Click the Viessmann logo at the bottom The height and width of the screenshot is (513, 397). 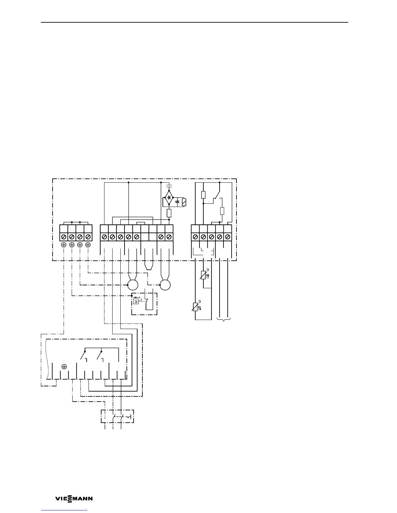pos(74,499)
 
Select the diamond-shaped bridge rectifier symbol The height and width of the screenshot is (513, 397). pos(169,197)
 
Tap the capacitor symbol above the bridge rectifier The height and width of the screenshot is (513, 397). pos(169,187)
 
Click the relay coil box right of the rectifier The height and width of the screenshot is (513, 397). pos(184,202)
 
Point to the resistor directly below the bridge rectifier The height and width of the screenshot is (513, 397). pos(169,213)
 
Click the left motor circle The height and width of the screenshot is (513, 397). pos(133,285)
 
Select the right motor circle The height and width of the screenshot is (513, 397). pos(165,285)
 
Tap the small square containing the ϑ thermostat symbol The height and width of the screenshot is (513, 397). pos(136,302)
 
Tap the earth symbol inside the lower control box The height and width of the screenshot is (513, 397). pos(64,366)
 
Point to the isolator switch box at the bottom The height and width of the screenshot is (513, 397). pos(117,416)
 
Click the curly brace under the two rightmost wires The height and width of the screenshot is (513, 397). pos(223,319)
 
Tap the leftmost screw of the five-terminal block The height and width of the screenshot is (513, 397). pos(195,237)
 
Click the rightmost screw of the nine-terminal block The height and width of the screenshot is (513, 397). pos(169,237)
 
